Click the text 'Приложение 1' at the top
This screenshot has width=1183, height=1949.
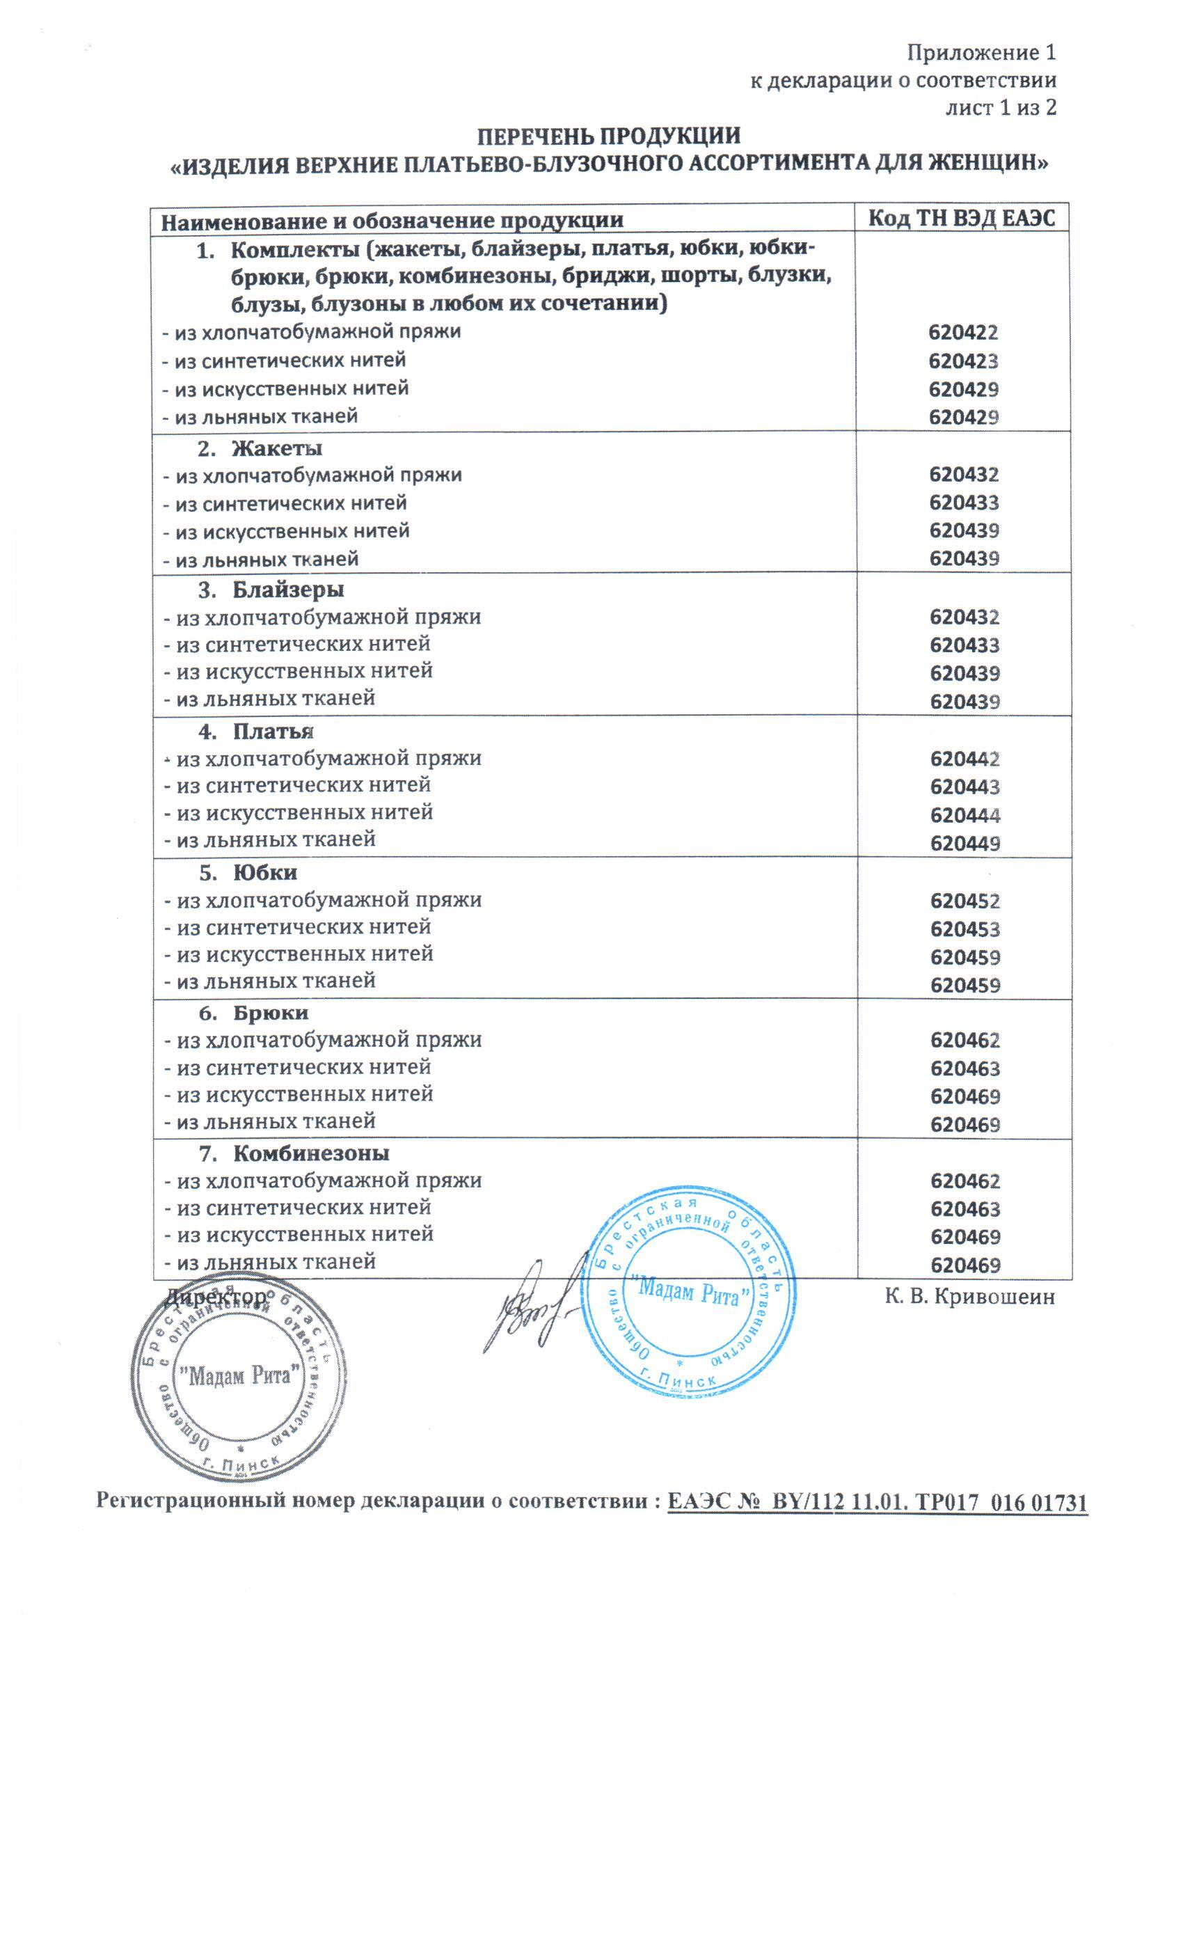click(980, 53)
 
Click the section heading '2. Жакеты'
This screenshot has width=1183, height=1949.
click(261, 448)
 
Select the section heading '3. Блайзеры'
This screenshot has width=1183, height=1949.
click(273, 590)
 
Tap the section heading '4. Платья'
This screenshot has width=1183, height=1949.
click(260, 731)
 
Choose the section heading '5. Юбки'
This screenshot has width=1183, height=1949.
click(249, 872)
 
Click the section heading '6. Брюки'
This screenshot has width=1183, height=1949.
click(255, 1013)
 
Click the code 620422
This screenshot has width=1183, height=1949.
click(963, 333)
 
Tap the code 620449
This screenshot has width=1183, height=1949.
click(964, 843)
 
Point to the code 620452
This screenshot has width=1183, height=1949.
click(964, 901)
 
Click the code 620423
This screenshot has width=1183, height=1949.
click(963, 361)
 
